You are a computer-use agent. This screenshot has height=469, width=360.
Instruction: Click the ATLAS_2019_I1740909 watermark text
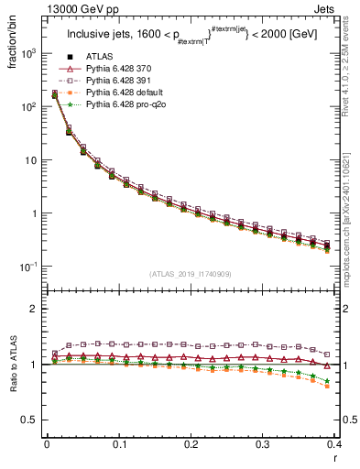[x=189, y=274]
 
